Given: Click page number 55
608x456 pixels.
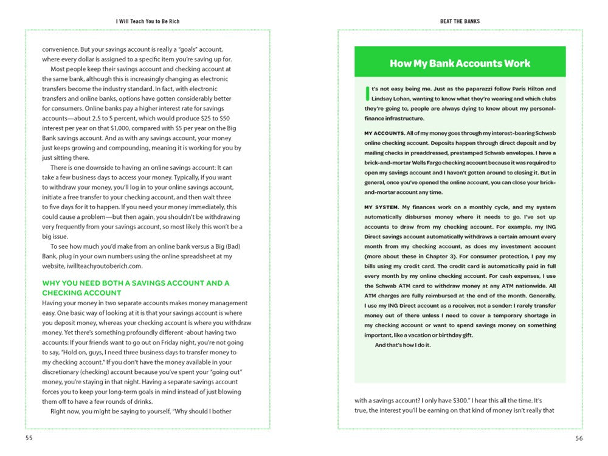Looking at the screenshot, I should coord(29,437).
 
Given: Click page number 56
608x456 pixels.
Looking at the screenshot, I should coord(578,437).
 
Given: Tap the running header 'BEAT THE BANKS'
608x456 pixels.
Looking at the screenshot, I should coord(460,21).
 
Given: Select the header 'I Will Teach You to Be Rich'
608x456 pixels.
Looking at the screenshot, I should coord(148,21).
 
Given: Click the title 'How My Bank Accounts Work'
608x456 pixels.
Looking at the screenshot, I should coord(460,63).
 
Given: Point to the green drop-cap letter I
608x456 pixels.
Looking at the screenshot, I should coord(367,92).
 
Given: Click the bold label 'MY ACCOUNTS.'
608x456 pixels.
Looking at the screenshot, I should coord(384,133).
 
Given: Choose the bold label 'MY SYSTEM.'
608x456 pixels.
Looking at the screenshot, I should coord(381,207).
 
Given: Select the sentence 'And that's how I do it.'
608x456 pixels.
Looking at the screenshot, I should coord(402,345).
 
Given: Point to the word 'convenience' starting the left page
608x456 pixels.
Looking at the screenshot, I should coord(61,49).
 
